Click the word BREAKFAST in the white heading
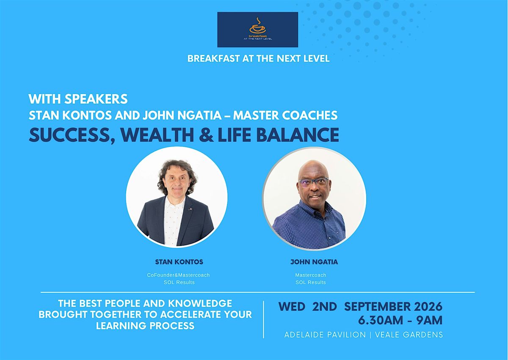pyautogui.click(x=214, y=59)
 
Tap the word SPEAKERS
pyautogui.click(x=96, y=99)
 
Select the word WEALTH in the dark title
pyautogui.click(x=157, y=135)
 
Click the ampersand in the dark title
pyautogui.click(x=206, y=135)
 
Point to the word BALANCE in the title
pyautogui.click(x=298, y=135)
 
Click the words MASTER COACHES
pyautogui.click(x=285, y=115)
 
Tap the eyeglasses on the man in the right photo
pyautogui.click(x=313, y=182)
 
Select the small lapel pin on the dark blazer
pyautogui.click(x=190, y=209)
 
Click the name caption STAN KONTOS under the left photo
pyautogui.click(x=179, y=262)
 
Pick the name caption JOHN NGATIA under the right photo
pyautogui.click(x=314, y=262)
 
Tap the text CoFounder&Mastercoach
pyautogui.click(x=178, y=275)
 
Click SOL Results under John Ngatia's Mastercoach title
pyautogui.click(x=310, y=282)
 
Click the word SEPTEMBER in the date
pyautogui.click(x=377, y=307)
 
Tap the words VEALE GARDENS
pyautogui.click(x=409, y=335)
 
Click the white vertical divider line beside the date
pyautogui.click(x=263, y=320)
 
